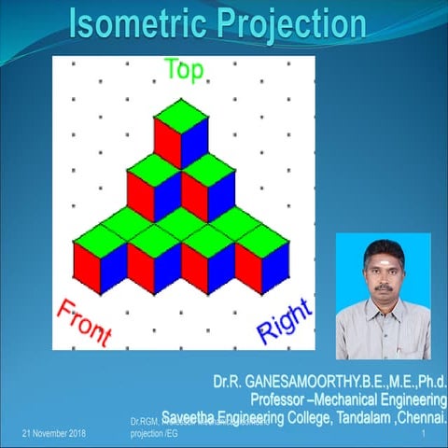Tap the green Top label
[184, 72]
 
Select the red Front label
[84, 321]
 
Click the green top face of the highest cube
[181, 115]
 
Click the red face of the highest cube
[168, 143]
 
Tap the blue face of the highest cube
[194, 143]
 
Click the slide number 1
[424, 435]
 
